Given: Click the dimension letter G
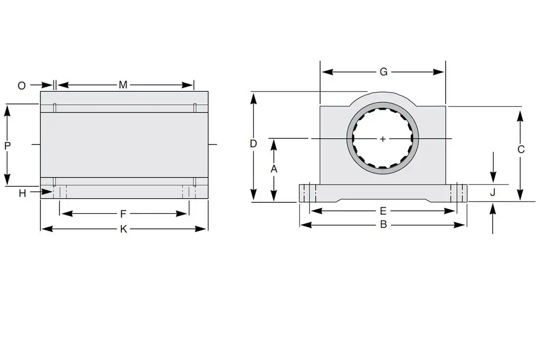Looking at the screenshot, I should click(x=383, y=72).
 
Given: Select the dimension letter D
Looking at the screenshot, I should click(x=253, y=144).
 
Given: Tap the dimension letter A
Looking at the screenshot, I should click(x=274, y=169).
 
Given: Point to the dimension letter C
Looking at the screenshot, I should click(x=520, y=150).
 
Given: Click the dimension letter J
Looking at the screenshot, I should click(x=493, y=193).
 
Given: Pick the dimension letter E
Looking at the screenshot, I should click(x=383, y=211).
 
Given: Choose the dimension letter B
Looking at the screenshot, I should click(x=383, y=225).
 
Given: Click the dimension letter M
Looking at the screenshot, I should click(x=123, y=85).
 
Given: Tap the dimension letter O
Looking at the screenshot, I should click(x=22, y=86).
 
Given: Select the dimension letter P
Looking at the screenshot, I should click(x=7, y=146).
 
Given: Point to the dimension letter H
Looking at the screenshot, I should click(x=22, y=193).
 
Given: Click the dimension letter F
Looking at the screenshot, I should click(x=123, y=213).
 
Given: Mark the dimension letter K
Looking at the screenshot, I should click(x=123, y=229).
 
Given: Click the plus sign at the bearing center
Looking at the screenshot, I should click(x=383, y=139).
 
